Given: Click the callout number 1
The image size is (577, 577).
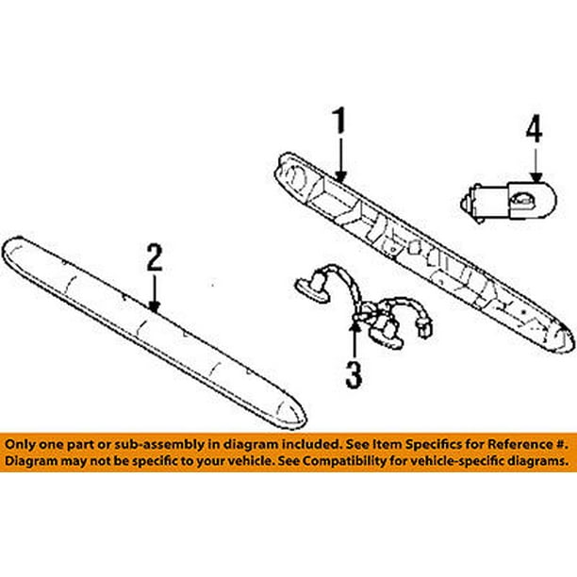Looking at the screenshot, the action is point(339,120).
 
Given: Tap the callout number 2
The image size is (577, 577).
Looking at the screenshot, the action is point(155,257).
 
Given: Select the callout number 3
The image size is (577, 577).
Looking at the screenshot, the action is point(354,374).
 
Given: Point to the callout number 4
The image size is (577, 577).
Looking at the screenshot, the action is point(535,128).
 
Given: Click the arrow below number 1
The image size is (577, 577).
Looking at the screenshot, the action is point(340,160).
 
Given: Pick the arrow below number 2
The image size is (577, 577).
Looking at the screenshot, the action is point(155,294).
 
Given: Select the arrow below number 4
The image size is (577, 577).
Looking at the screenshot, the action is point(536,165).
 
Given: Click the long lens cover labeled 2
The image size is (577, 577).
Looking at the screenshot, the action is point(154,332).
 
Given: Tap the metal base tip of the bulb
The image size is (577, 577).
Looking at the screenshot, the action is point(465,203).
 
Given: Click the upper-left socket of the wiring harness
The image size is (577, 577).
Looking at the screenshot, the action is point(313,288).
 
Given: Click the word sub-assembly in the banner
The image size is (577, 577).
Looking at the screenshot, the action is point(159,445).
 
